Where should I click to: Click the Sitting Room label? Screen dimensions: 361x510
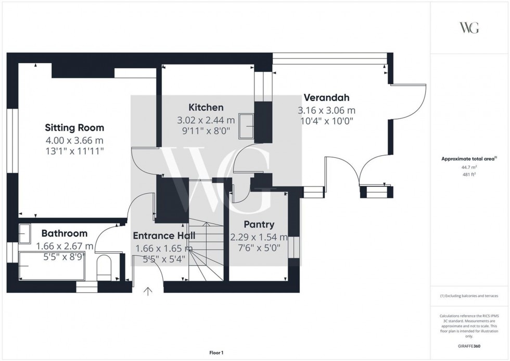pos(74,128)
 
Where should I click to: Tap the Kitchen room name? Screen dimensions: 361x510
pos(206,108)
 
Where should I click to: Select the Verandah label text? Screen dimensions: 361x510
pos(326,97)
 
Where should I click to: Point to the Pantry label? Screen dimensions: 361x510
pos(259,225)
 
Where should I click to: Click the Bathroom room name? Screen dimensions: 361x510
pos(65,233)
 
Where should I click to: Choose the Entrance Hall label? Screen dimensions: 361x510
pos(164,235)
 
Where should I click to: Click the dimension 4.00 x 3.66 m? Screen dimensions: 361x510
pos(74,140)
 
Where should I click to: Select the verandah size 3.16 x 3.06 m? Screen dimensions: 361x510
pos(326,110)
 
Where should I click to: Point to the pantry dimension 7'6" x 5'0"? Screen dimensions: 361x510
pos(259,248)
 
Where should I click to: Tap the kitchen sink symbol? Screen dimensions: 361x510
pos(245,126)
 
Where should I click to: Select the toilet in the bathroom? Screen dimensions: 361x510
pos(104,266)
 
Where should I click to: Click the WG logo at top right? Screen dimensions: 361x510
pos(469,28)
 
